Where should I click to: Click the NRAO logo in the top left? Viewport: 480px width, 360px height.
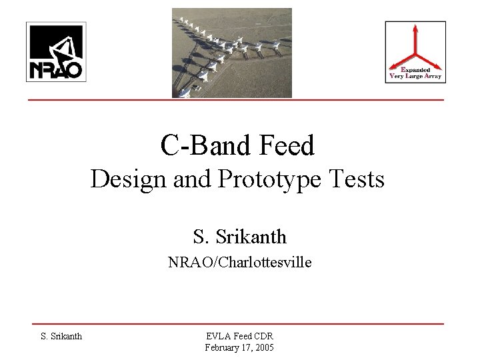(x=54, y=51)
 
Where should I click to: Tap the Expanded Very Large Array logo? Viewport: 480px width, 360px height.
(x=415, y=52)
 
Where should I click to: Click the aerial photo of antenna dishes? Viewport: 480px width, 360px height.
(x=232, y=53)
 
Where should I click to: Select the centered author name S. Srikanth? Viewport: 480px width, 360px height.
(x=240, y=235)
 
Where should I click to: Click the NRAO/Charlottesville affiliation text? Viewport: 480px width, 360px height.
(x=240, y=263)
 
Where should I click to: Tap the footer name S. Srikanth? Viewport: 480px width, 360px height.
(x=61, y=335)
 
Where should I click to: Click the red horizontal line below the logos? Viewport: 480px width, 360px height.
(x=240, y=100)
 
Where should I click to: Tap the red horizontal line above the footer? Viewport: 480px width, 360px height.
(x=240, y=323)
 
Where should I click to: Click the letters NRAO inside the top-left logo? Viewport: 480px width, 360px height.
(x=54, y=69)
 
